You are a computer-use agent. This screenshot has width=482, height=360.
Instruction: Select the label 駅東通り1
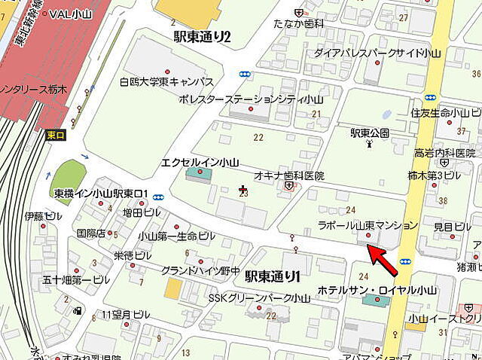coord(273,276)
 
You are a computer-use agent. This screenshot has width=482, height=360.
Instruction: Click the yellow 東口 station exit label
coord(55,135)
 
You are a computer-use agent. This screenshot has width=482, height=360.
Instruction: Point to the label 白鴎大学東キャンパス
coord(166,81)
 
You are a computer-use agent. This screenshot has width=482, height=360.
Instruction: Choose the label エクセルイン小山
coord(200,162)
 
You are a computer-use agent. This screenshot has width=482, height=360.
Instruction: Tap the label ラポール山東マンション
coord(368,225)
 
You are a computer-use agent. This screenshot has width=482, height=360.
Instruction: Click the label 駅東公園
coord(369,133)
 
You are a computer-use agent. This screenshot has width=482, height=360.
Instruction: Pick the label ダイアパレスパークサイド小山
coord(367,53)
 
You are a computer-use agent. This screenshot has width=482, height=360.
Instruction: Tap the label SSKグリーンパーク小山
coord(259,297)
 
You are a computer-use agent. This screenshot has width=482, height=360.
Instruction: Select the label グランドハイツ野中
coord(200,270)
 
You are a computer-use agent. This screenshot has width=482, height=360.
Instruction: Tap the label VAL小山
coord(71,13)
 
